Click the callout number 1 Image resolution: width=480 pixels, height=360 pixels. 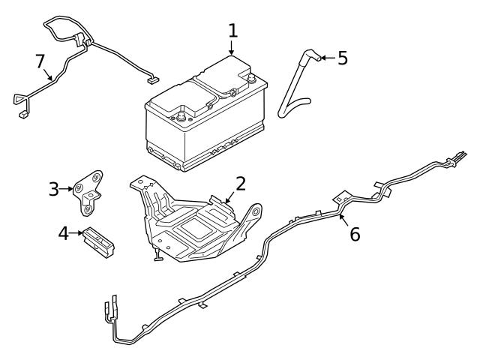(x=232, y=31)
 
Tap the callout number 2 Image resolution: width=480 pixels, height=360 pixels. (x=240, y=183)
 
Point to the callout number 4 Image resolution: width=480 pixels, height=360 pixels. (x=64, y=233)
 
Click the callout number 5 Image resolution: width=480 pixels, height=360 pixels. (x=342, y=58)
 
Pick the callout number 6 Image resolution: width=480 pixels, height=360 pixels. (x=354, y=234)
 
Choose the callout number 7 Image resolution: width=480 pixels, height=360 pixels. (x=40, y=61)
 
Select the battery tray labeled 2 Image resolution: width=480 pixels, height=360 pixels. (x=195, y=225)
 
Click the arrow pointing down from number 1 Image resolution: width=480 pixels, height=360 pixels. (x=232, y=48)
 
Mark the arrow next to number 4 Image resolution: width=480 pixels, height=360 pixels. (x=76, y=233)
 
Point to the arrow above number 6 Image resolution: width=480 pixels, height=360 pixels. (x=343, y=218)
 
